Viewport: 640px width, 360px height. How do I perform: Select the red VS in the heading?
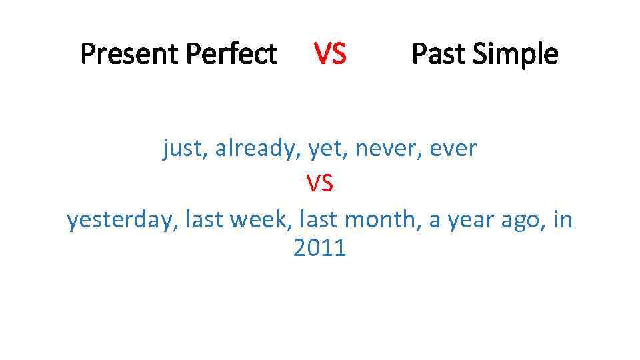click(x=330, y=53)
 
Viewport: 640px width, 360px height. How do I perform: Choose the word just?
click(x=185, y=149)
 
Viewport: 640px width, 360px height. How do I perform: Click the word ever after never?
click(x=453, y=149)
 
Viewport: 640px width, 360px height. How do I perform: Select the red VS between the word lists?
click(x=319, y=183)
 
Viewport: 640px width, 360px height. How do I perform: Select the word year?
click(x=471, y=219)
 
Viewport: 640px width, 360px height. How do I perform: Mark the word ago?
click(x=522, y=219)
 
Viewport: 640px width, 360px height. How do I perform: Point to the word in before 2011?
click(x=563, y=219)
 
